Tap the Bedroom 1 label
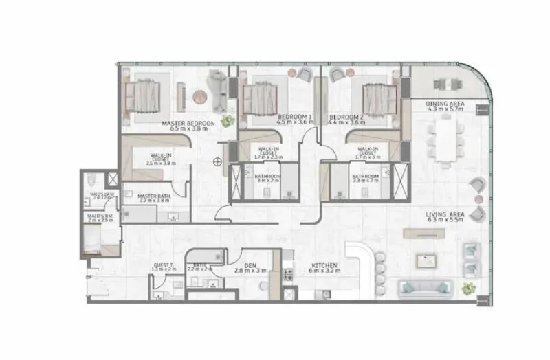coord(294,117)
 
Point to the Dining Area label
coord(445,104)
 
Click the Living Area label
coord(445,214)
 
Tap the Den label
coord(250,264)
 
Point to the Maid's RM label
coord(98,215)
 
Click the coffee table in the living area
coord(425,260)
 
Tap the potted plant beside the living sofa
coord(470,288)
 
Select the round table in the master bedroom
coord(201,97)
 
